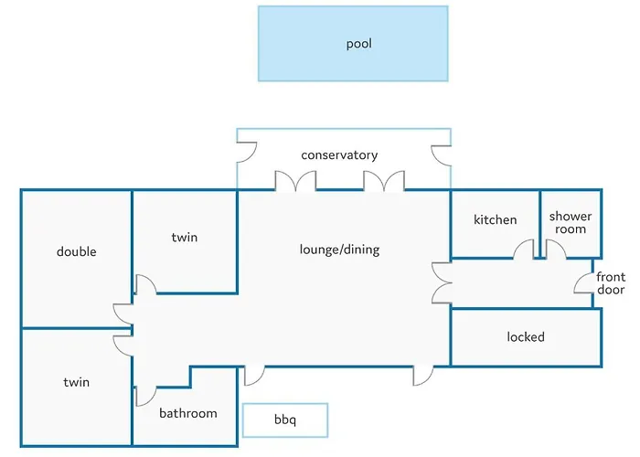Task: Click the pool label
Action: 358,44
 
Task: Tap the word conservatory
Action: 339,155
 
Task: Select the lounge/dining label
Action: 339,250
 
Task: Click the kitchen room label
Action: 495,219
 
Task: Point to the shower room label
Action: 570,223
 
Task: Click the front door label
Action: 611,283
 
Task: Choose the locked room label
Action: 526,337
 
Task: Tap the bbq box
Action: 285,420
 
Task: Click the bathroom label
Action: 188,413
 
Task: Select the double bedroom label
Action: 76,251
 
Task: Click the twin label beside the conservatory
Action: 184,238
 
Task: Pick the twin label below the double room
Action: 76,382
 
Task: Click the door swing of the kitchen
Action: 523,250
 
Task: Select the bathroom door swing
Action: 144,396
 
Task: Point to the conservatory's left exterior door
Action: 246,153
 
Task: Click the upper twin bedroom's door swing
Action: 144,283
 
